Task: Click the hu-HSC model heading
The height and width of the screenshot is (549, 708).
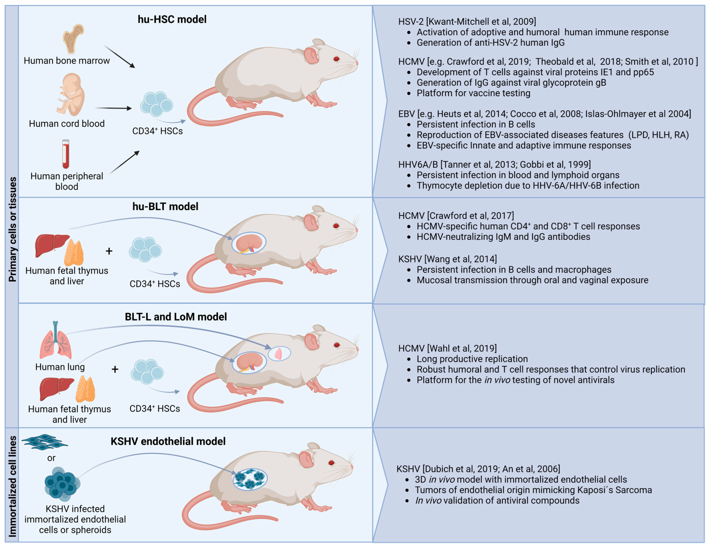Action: click(172, 19)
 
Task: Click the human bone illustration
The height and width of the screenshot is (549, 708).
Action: click(73, 39)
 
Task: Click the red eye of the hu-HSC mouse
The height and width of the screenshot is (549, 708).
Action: click(336, 59)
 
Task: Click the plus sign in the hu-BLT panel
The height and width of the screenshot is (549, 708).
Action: click(109, 251)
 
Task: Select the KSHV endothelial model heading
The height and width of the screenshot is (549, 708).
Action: click(168, 441)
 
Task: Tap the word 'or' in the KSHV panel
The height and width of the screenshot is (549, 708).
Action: click(51, 458)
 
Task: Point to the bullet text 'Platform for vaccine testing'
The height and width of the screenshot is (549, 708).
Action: click(473, 93)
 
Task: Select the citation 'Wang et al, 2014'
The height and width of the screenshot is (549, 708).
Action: click(461, 259)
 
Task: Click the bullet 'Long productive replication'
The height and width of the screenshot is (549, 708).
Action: click(472, 359)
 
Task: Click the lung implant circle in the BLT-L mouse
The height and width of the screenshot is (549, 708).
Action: click(279, 353)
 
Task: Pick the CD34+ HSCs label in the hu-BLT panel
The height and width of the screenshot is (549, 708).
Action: click(155, 284)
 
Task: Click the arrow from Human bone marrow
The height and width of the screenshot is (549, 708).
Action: click(119, 57)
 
